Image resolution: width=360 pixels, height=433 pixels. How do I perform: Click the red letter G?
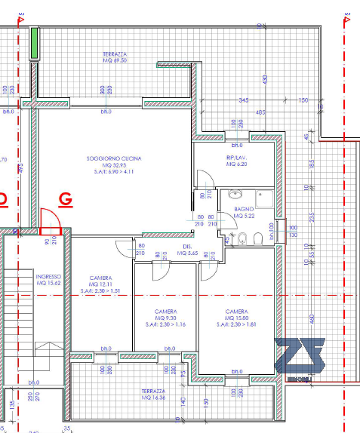pos(66,199)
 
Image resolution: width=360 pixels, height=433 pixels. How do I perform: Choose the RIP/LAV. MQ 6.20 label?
pos(236,161)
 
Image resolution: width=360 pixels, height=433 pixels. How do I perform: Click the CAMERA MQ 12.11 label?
pos(100,283)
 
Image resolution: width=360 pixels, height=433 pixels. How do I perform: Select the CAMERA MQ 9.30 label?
pos(166,318)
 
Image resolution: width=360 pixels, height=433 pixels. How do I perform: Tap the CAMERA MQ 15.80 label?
pos(237,317)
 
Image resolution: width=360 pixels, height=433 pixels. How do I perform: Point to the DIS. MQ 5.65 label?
pos(186,250)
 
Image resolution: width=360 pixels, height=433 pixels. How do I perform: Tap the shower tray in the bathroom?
pos(266,198)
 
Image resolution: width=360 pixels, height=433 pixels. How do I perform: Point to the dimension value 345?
pos(243,100)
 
